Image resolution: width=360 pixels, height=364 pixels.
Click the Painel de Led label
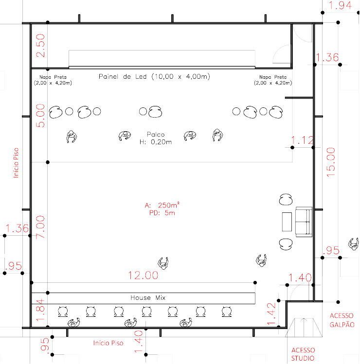click(154, 76)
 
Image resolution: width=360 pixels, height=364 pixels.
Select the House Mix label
click(148, 297)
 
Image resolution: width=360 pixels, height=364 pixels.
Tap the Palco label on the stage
click(156, 135)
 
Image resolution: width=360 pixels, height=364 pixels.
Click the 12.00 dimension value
click(143, 276)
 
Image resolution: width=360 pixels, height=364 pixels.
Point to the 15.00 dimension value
click(331, 162)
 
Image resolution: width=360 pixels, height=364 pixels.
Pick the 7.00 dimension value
click(40, 227)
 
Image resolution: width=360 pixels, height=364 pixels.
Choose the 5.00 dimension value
click(40, 116)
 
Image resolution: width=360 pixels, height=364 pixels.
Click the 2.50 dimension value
click(40, 46)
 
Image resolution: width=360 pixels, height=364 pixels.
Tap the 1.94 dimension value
click(341, 5)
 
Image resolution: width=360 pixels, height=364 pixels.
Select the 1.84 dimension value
click(40, 310)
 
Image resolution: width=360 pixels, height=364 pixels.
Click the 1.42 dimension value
click(271, 313)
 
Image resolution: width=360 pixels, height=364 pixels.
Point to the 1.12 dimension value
click(303, 140)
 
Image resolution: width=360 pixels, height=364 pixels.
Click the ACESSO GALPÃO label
click(342, 320)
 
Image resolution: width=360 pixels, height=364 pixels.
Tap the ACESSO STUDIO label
click(303, 354)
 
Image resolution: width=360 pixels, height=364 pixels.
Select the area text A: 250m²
click(162, 205)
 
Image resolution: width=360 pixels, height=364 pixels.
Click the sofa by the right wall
click(304, 222)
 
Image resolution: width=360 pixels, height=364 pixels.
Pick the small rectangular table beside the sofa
click(287, 222)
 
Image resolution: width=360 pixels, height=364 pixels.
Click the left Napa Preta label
click(53, 80)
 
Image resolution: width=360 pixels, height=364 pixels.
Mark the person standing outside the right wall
click(354, 244)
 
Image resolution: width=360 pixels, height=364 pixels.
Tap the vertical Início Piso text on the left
click(16, 163)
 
